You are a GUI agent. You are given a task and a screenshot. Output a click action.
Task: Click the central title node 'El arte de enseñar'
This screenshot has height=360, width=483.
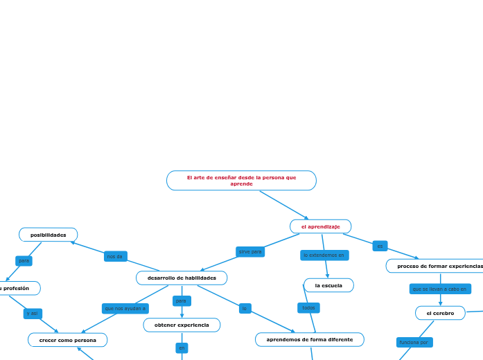pos(241,181)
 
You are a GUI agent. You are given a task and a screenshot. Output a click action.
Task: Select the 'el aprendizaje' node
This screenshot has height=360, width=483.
pos(320,226)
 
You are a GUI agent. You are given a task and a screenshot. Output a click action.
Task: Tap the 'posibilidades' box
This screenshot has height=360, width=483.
pos(49,235)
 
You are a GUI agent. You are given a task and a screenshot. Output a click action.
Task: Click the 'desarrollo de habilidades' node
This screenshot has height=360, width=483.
pos(182,278)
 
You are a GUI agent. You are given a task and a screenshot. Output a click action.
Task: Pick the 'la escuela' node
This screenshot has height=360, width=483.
pos(328,285)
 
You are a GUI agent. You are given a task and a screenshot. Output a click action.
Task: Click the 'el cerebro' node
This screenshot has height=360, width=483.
pos(440,313)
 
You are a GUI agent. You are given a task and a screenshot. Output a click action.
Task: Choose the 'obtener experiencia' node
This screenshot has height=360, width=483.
pos(182,325)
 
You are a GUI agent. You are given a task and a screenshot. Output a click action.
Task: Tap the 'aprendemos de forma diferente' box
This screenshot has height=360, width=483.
pos(309,339)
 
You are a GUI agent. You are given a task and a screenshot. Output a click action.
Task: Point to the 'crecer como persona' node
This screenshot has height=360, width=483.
pos(68,340)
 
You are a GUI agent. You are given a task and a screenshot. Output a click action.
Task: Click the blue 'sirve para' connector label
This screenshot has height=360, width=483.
pos(250,252)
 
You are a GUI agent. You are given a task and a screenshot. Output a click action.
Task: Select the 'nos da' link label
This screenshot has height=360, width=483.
pos(115,256)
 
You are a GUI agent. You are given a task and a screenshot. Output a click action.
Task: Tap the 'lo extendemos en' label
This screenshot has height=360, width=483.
pos(324,255)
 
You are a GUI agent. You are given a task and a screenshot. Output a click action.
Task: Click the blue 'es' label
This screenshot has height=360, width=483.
pos(380,246)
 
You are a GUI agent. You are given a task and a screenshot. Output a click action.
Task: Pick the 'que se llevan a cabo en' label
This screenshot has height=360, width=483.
pos(440,289)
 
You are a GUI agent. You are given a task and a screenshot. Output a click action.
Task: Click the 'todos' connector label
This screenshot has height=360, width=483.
pos(308,307)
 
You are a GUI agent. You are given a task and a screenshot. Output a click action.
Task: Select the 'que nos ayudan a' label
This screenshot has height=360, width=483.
pos(125,308)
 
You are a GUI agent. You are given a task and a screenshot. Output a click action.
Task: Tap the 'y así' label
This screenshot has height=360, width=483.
pos(33,314)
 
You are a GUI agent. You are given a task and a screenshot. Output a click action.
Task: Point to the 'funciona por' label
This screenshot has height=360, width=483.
pos(414,342)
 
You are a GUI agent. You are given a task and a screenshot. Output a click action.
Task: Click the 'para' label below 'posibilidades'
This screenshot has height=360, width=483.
pos(24,261)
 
